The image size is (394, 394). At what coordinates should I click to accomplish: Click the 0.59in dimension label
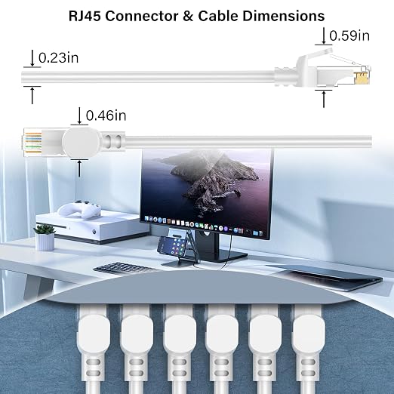[x=349, y=35]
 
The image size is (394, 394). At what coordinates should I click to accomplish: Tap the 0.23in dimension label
[x=58, y=58]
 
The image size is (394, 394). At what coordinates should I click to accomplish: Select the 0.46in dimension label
[x=106, y=115]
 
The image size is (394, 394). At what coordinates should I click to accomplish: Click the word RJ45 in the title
[x=85, y=16]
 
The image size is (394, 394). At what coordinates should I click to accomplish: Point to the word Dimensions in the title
[x=283, y=16]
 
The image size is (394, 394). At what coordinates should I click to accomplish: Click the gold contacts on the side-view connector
[x=362, y=78]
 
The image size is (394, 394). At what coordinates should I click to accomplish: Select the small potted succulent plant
[x=45, y=237]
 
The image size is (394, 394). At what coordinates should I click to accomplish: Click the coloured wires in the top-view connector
[x=33, y=143]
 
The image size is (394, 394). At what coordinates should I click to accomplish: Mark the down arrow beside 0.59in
[x=324, y=36]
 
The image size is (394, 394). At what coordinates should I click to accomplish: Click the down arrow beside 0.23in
[x=32, y=58]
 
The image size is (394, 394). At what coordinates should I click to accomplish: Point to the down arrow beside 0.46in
[x=79, y=115]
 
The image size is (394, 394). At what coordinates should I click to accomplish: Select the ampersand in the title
[x=189, y=16]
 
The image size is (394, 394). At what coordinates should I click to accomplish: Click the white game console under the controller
[x=92, y=228]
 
